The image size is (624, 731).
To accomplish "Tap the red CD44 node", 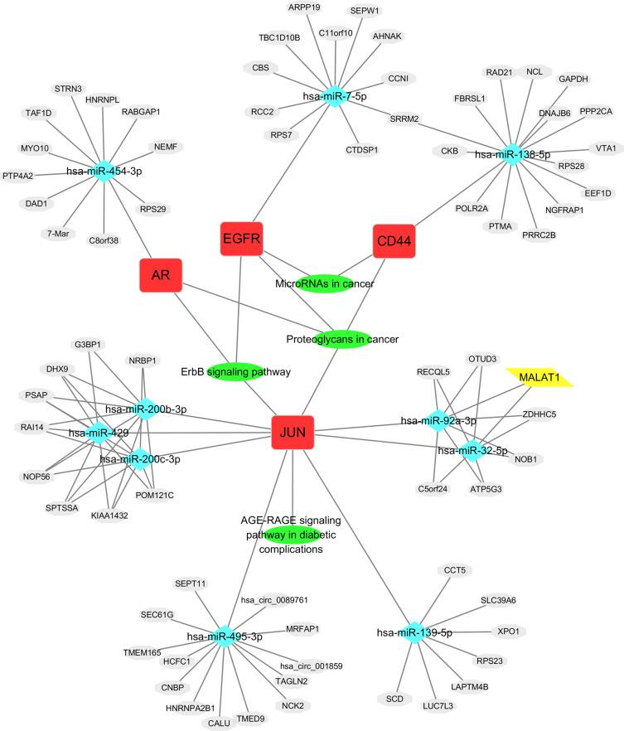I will tap(394, 244).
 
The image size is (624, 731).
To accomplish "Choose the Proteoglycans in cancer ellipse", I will tap(342, 338).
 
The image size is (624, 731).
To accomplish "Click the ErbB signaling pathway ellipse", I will tap(236, 371).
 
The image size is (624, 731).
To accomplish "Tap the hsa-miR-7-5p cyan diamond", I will tap(335, 94).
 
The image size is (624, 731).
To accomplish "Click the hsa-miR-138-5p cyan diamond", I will tap(512, 153).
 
